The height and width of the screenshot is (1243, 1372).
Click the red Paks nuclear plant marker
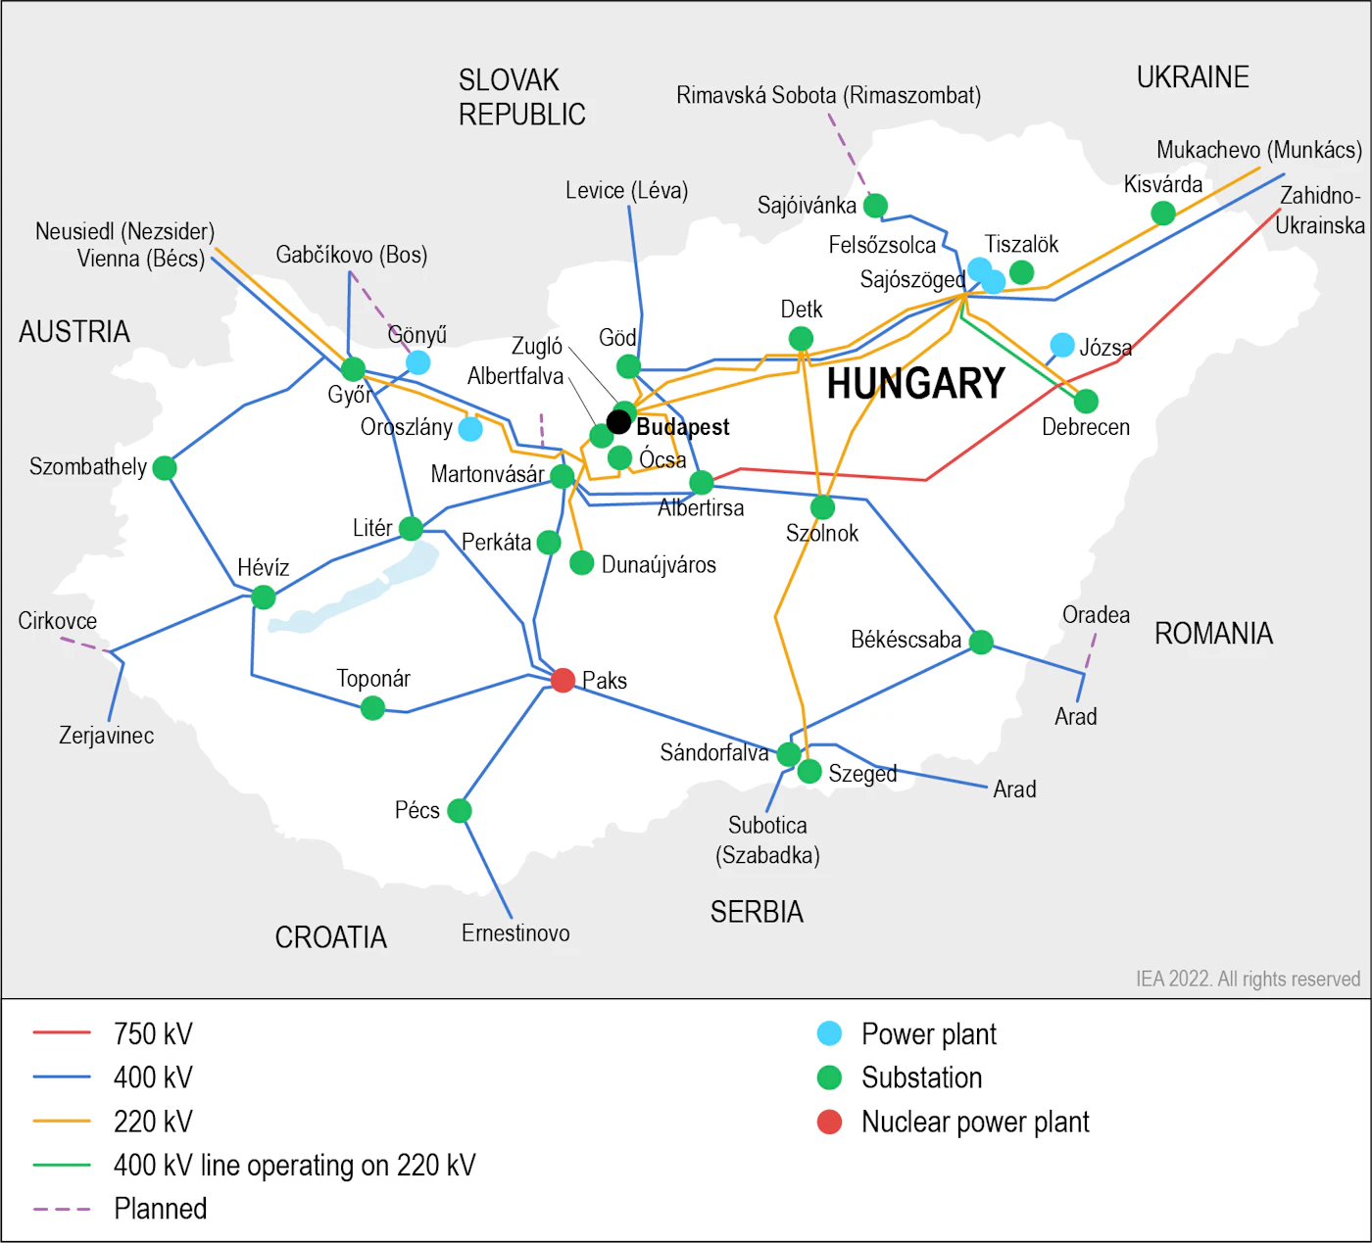coord(563,680)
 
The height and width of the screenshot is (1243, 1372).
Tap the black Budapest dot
coord(618,422)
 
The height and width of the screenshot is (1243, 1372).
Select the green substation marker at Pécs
coord(460,811)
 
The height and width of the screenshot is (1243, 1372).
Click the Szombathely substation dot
coord(165,468)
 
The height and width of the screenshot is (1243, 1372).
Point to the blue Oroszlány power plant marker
coord(471,429)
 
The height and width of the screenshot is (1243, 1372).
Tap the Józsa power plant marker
coord(1062,345)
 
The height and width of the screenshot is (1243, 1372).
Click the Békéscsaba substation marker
coord(981,642)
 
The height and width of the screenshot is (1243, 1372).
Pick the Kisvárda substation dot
coord(1163,213)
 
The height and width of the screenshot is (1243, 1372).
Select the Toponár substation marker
coord(372,707)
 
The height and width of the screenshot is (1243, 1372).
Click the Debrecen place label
coord(1086,427)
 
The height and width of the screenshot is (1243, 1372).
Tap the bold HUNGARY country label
coord(915,384)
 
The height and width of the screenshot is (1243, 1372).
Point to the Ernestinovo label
coord(515,932)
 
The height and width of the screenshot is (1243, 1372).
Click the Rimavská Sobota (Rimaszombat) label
coord(828,95)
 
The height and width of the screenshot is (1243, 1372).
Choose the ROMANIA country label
coord(1213,634)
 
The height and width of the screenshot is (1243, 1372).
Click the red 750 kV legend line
coord(62,1032)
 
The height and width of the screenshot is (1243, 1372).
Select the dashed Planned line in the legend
coord(62,1209)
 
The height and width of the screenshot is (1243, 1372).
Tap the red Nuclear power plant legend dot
coord(829,1122)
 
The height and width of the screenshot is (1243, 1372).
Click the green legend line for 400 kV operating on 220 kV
coord(62,1165)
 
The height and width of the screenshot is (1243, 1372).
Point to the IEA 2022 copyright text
coord(1248,979)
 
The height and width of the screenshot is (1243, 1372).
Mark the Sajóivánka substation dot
coord(875,206)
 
